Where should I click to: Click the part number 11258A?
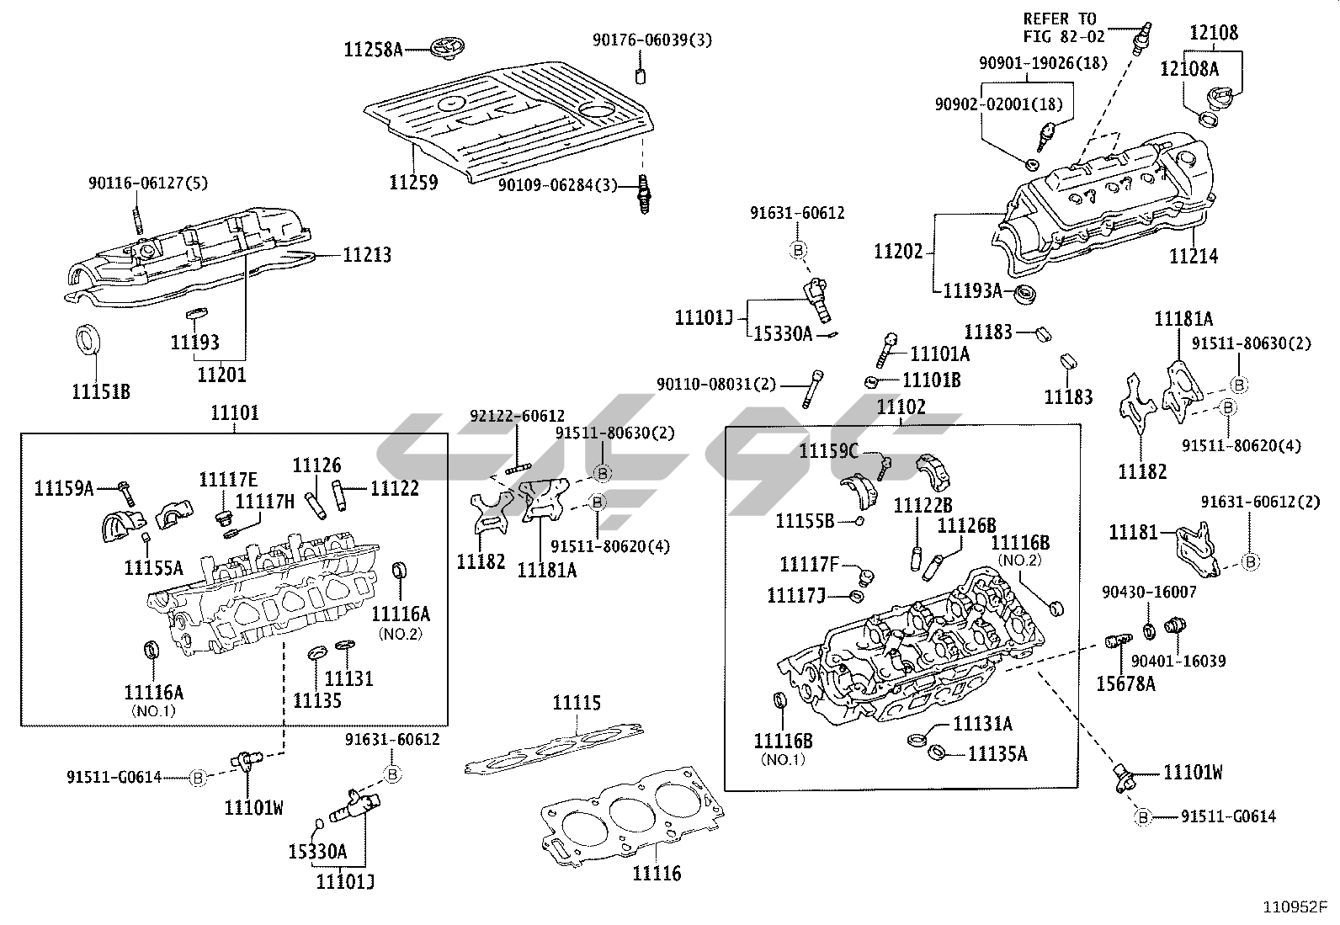click(373, 50)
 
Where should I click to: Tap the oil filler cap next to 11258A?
click(443, 48)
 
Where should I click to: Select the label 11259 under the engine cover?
click(413, 182)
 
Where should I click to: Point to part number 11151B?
click(101, 391)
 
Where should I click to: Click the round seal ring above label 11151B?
click(88, 338)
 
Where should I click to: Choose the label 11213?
click(367, 254)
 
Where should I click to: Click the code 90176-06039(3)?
click(651, 40)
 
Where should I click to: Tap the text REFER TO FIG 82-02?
click(1060, 27)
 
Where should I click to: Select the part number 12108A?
click(1188, 68)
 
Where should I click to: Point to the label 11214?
click(1193, 256)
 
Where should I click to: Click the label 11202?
click(898, 251)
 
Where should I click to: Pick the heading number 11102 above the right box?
click(901, 408)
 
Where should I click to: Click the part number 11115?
click(577, 703)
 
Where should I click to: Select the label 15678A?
click(1125, 683)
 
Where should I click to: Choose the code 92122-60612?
click(517, 416)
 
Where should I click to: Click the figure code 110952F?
click(1294, 907)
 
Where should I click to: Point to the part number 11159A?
click(64, 487)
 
